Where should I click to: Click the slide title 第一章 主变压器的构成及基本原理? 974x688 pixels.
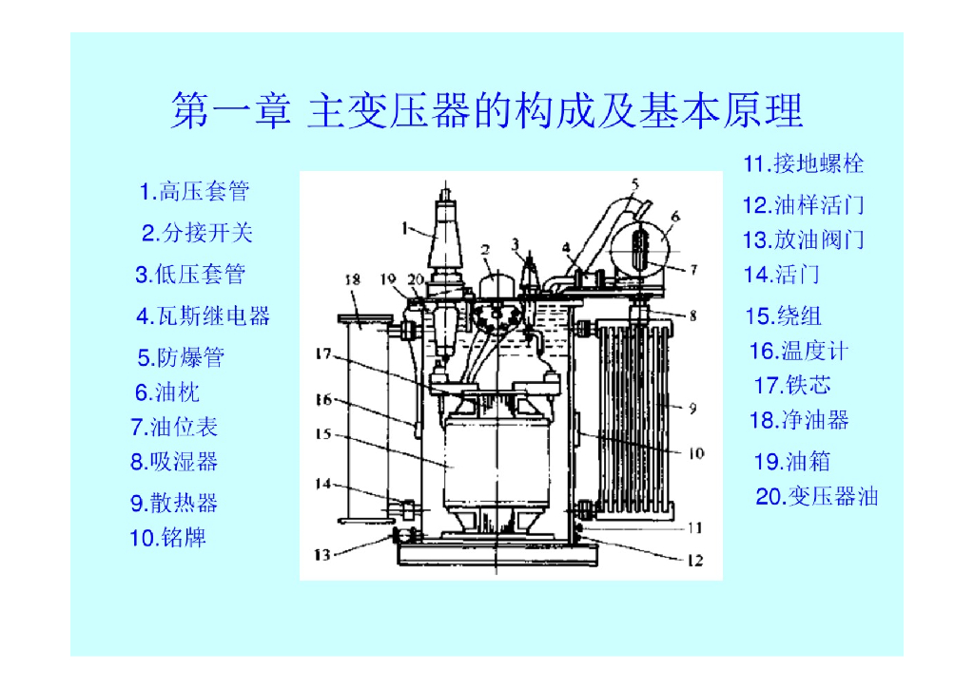[487, 110]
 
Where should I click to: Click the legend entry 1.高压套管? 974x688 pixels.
[194, 191]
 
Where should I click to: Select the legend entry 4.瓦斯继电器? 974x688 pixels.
[204, 315]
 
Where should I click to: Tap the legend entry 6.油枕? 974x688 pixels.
[167, 392]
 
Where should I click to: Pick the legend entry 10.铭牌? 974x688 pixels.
[167, 537]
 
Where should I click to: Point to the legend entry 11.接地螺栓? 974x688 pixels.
[804, 163]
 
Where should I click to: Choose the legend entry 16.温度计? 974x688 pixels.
[799, 351]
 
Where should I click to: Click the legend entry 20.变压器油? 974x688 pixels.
[817, 496]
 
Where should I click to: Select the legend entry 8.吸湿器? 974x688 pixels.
[174, 462]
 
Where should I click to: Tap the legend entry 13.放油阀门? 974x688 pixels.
[804, 240]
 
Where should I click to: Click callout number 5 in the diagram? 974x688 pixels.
[634, 183]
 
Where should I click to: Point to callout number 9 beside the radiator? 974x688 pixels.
[692, 409]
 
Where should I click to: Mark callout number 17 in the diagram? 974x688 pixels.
[323, 354]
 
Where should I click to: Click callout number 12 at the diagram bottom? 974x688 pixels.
[695, 561]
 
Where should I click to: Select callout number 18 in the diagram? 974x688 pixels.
[352, 279]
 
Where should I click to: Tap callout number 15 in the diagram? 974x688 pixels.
[323, 433]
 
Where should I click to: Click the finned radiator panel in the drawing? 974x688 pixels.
[633, 419]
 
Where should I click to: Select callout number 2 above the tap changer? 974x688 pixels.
[485, 250]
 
